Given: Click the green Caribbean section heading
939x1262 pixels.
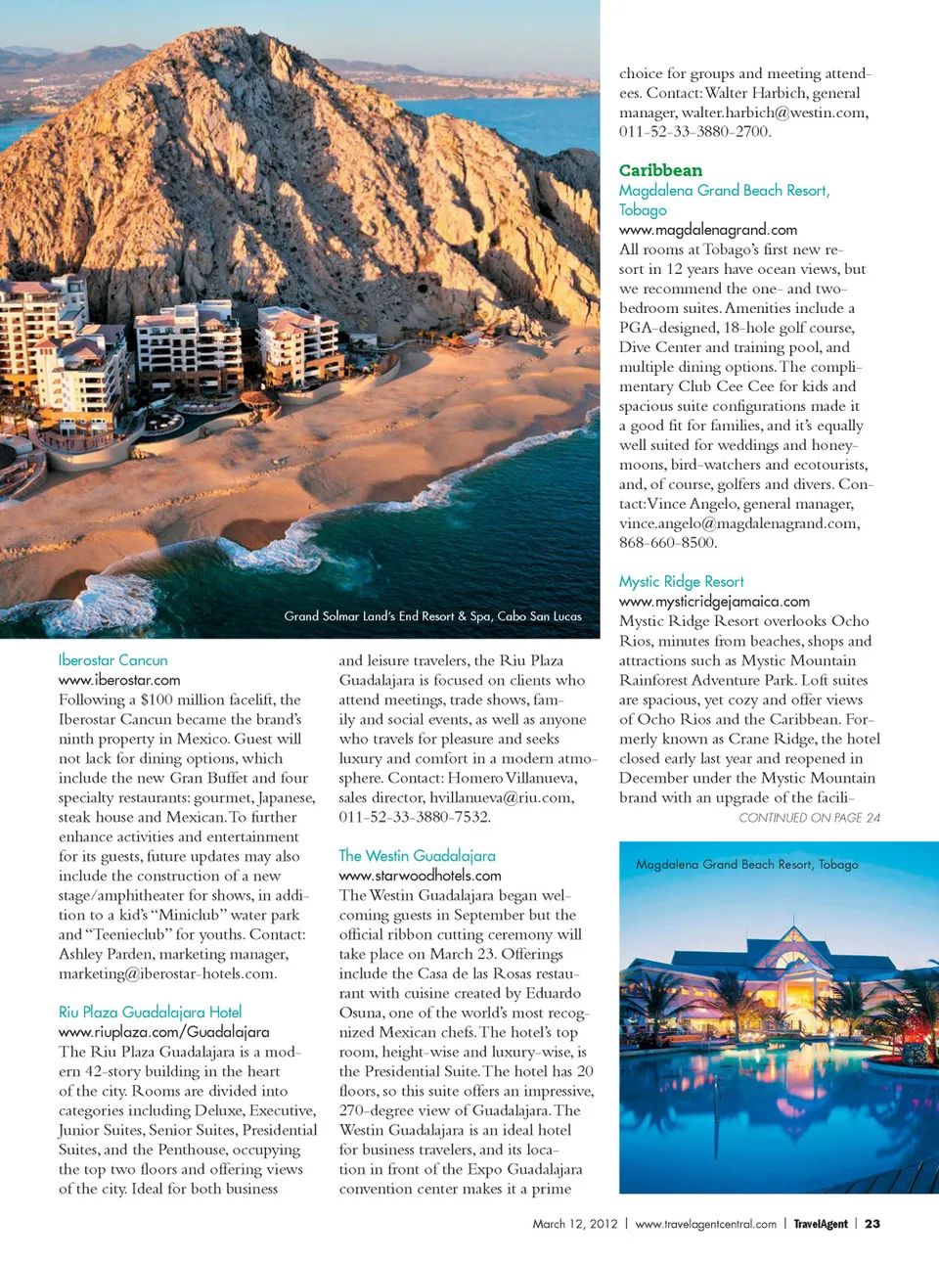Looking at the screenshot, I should coord(660,170).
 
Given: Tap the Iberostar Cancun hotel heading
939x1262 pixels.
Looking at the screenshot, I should coord(112,660).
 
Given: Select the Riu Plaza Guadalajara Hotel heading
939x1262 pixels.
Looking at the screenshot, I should coord(150,1013).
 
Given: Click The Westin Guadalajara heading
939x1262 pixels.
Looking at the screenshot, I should coord(417,856).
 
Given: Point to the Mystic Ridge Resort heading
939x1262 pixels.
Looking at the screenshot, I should coord(681,582).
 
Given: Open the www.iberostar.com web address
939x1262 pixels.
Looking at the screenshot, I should coord(119,680).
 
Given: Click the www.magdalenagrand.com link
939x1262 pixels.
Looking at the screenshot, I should coord(707,230).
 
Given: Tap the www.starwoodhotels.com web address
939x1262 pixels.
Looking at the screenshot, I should coord(420,876).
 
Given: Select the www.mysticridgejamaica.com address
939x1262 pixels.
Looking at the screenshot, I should coord(714,602).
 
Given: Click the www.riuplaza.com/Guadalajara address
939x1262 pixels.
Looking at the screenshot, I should coord(163,1032).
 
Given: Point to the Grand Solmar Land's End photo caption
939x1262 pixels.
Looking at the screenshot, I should coord(432,616).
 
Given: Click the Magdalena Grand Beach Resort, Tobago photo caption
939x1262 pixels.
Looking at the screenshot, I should coord(746,865).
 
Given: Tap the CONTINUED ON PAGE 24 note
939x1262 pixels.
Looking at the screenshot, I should coord(809,818).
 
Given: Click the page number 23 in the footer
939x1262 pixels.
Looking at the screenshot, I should coord(872,1224).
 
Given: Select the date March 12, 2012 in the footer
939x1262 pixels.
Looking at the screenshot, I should coord(575,1224).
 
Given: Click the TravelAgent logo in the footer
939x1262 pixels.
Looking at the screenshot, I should coord(820,1224).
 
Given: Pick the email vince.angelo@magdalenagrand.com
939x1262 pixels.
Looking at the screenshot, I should coord(738,523).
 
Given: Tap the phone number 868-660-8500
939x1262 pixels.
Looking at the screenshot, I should coord(668,543).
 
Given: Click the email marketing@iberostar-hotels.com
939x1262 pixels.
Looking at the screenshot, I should coord(167,973).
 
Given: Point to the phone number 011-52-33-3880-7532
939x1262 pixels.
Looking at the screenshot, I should coord(415,817).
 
